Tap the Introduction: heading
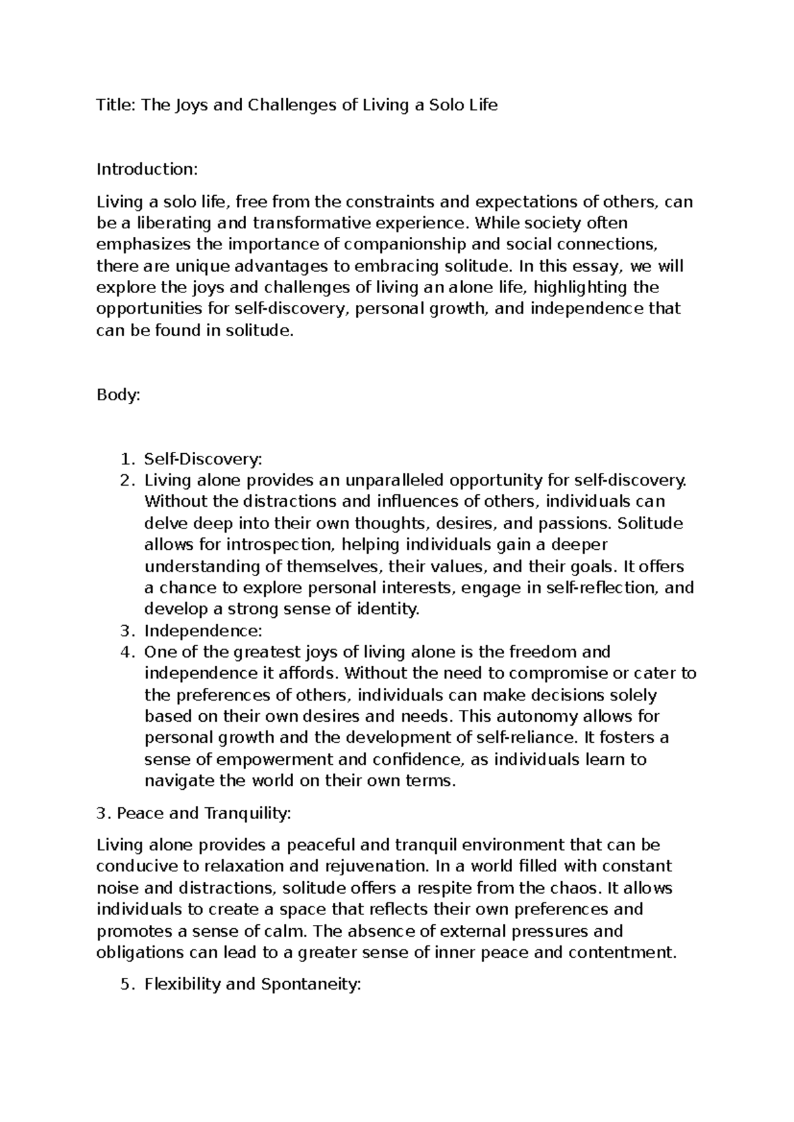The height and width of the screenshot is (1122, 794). (x=147, y=169)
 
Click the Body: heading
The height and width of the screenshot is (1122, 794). (x=118, y=396)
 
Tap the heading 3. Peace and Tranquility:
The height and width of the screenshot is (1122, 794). (x=193, y=814)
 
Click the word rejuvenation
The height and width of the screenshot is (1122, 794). (x=373, y=867)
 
